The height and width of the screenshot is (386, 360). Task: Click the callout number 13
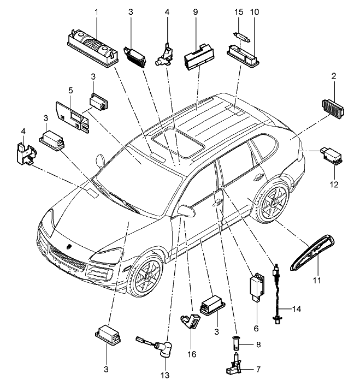[x=164, y=375]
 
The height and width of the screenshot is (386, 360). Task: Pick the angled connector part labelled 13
[x=161, y=348]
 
